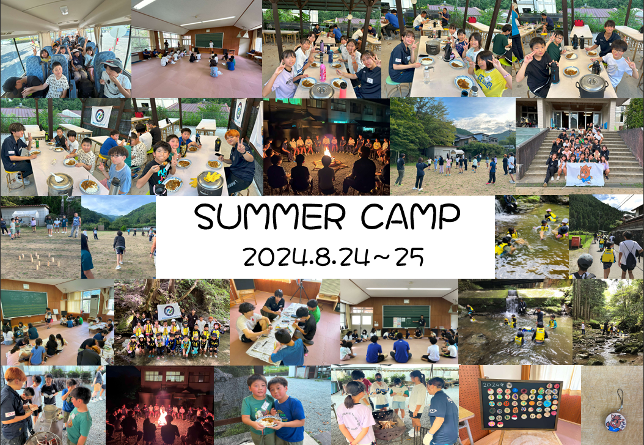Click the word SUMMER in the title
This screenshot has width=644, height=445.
click(x=269, y=216)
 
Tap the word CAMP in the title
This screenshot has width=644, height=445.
click(x=411, y=216)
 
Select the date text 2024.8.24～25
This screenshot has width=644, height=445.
click(x=333, y=257)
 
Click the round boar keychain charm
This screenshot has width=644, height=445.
click(x=615, y=421)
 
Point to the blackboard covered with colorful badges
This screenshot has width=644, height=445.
click(x=521, y=404)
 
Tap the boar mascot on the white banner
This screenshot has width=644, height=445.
click(x=585, y=173)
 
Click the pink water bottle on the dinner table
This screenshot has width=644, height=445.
click(x=323, y=72)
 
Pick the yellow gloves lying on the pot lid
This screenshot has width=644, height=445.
click(x=211, y=177)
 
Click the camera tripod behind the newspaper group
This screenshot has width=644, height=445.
click(x=302, y=290)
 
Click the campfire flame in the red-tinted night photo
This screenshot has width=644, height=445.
click(x=163, y=417)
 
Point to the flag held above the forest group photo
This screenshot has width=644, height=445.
click(x=169, y=312)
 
